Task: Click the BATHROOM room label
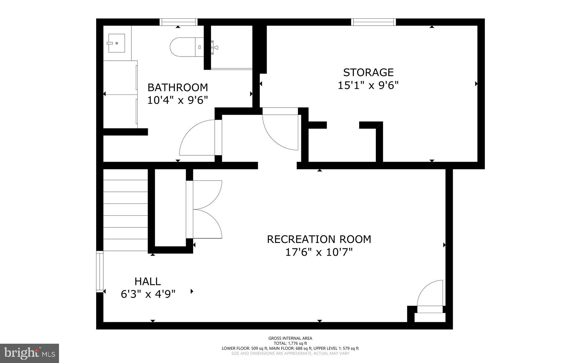(x=178, y=87)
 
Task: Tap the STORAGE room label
(x=368, y=72)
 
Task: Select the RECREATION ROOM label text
(x=319, y=239)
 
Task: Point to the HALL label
(x=148, y=281)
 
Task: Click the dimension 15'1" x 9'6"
(x=368, y=85)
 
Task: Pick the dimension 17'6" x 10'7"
(x=319, y=252)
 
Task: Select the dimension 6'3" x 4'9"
(x=148, y=294)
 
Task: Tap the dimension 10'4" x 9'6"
(x=178, y=100)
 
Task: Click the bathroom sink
(x=116, y=43)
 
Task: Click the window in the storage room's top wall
(x=373, y=22)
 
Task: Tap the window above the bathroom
(x=178, y=22)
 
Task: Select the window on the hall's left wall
(x=100, y=272)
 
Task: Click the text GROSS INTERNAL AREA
(x=290, y=338)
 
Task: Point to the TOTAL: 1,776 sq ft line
(x=290, y=343)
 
